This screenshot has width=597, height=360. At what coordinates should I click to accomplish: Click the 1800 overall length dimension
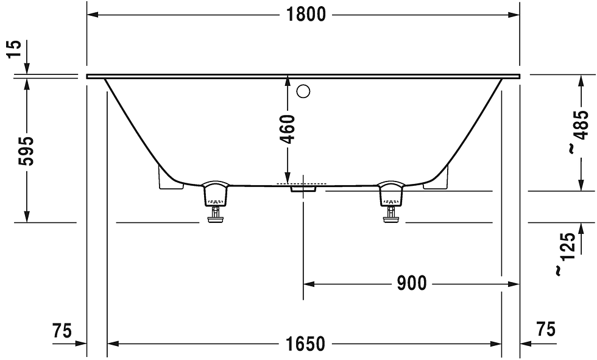[306, 14]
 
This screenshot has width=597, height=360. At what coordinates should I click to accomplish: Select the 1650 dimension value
[306, 344]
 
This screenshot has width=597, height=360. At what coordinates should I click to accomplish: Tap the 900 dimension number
[411, 283]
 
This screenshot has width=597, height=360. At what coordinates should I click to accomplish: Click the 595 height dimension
[26, 150]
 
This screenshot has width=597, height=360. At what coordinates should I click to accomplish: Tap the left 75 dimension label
[62, 331]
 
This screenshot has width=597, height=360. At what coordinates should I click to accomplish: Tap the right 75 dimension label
[546, 330]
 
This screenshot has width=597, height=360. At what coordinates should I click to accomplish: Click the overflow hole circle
[303, 92]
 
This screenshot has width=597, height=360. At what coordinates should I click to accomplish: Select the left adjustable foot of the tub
[214, 200]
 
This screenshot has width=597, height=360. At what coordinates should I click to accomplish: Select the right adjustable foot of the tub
[390, 200]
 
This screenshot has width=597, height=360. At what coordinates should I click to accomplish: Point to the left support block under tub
[168, 179]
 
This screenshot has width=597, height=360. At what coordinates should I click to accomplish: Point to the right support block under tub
[437, 179]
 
